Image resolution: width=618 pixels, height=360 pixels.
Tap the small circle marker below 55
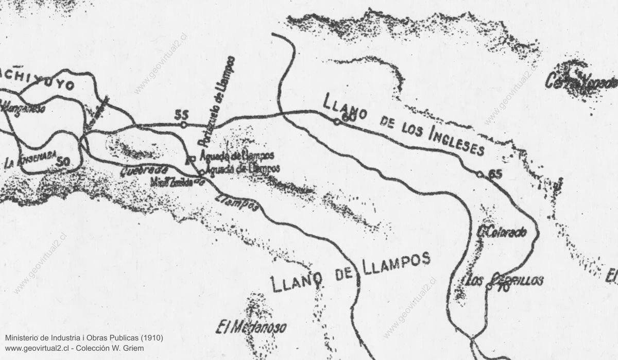183,124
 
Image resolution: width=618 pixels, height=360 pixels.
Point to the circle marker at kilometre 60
336,122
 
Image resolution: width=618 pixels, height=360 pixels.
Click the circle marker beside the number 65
480,175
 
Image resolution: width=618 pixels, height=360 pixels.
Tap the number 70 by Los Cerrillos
503,289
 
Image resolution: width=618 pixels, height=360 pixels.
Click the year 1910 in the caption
152,338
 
